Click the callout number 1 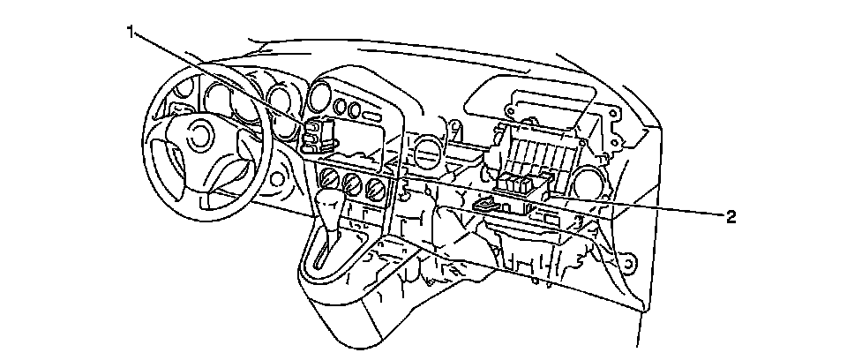pos(131,33)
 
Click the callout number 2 pos(730,215)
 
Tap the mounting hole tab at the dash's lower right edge pos(628,263)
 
